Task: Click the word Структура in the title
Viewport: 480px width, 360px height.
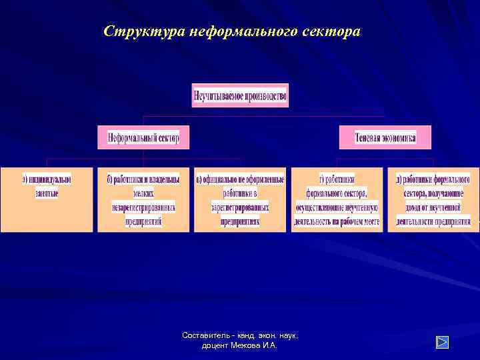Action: [x=144, y=31]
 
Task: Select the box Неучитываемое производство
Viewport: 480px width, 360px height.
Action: [x=240, y=95]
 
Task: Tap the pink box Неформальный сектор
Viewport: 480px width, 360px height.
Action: [x=143, y=137]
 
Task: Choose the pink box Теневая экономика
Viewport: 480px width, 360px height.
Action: [x=385, y=137]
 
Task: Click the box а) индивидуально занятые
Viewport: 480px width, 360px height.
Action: [x=47, y=199]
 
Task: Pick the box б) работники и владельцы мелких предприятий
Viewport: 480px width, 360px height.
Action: [x=143, y=199]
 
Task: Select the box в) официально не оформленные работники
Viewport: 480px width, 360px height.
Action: [x=240, y=199]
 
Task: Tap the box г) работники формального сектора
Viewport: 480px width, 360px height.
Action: [x=337, y=199]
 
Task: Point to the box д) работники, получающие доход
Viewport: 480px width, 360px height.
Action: [x=433, y=199]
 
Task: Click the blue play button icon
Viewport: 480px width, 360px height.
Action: [x=442, y=342]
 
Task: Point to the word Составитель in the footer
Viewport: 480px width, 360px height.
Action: [x=203, y=336]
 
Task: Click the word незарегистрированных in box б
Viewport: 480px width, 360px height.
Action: [x=143, y=207]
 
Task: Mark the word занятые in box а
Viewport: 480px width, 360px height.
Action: [x=47, y=193]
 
